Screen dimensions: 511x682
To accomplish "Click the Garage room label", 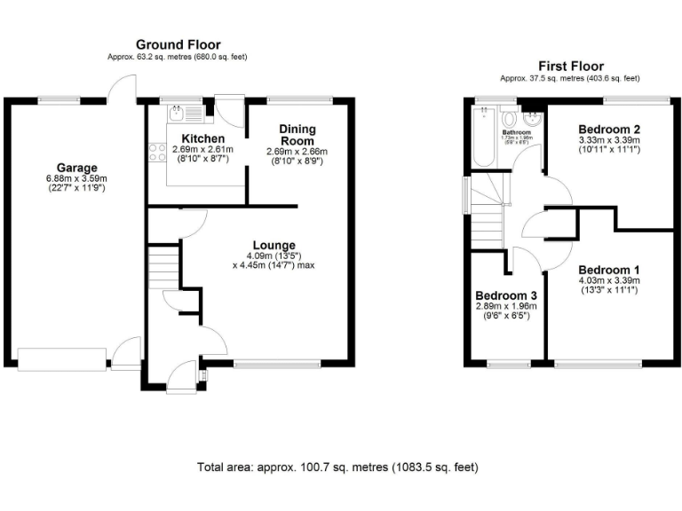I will point(77,168).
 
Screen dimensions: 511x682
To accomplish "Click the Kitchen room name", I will point(202,139).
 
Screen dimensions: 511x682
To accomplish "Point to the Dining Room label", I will point(297,135).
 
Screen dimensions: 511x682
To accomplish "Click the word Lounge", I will point(274,245).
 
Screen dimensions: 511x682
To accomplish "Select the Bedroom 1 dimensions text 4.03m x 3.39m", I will point(609,280).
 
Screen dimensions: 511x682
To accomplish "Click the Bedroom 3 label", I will point(506,295).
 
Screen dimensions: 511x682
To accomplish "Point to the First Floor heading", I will point(571,67).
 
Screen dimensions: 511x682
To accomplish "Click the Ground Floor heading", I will point(178,44).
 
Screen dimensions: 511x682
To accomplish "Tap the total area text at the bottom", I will point(341,466).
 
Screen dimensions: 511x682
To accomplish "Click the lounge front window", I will point(278,362).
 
